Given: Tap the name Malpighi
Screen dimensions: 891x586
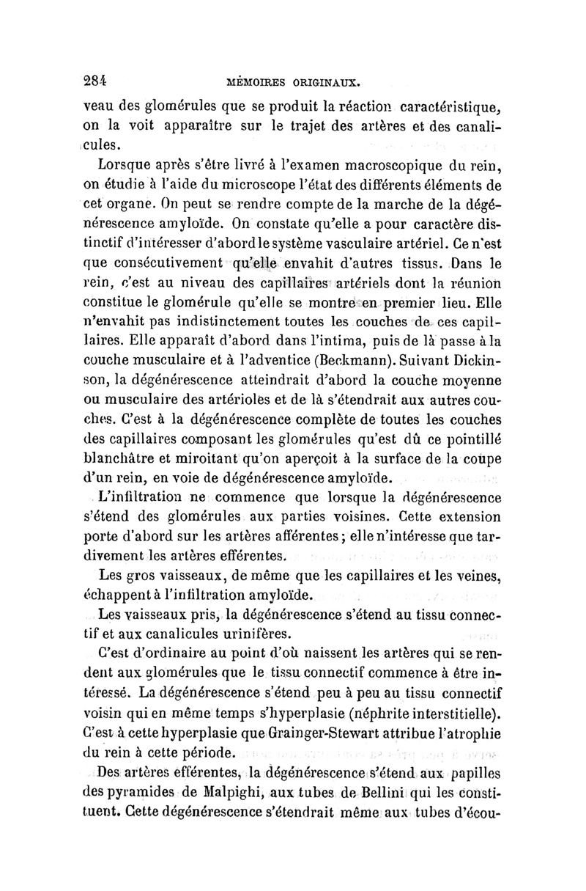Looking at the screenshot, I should tap(214, 793).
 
